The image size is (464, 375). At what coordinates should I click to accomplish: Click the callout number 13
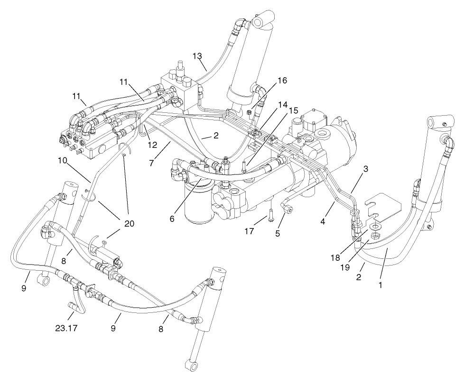point(197,56)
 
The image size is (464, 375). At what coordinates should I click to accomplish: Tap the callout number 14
point(283,104)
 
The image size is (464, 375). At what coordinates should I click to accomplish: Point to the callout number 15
point(294,110)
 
